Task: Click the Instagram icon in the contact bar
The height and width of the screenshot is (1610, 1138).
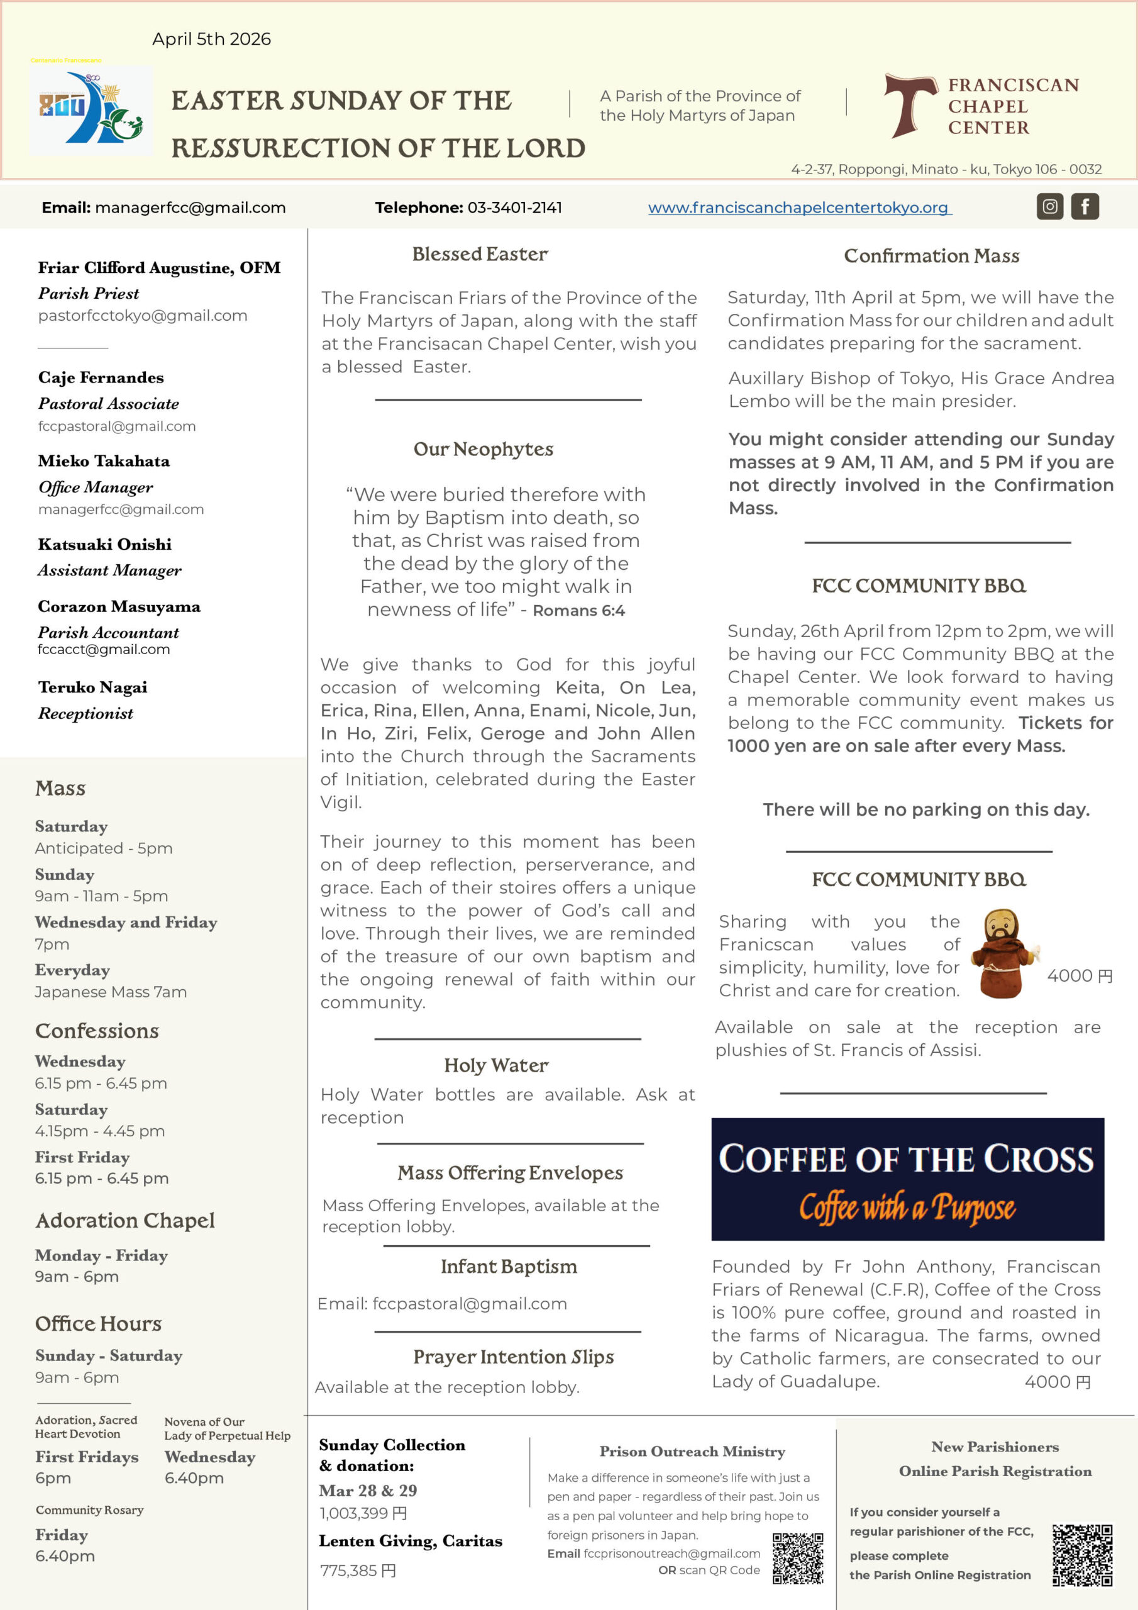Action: [1049, 206]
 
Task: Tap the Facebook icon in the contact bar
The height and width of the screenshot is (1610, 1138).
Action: [1084, 206]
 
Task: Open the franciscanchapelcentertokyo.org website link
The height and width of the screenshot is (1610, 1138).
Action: [799, 208]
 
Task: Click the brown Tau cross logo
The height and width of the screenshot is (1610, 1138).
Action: [909, 104]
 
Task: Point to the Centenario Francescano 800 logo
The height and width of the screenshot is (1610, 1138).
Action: [91, 110]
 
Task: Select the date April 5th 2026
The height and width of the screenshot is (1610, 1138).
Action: [211, 39]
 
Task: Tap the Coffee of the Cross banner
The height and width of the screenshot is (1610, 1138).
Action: [907, 1179]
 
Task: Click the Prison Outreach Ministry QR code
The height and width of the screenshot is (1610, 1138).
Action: [797, 1558]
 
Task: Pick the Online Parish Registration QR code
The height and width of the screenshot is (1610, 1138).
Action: [1082, 1555]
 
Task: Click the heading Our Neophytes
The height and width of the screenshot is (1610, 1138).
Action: [483, 449]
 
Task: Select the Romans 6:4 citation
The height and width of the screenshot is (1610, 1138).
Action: [578, 611]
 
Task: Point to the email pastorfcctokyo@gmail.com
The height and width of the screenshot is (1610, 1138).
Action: [142, 316]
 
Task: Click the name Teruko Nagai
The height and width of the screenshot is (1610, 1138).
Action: [92, 687]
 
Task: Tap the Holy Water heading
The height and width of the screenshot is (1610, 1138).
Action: [495, 1065]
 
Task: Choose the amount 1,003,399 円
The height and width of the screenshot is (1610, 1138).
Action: [363, 1513]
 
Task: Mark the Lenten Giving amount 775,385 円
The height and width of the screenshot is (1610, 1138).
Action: [358, 1571]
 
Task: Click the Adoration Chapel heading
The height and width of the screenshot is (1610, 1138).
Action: [125, 1220]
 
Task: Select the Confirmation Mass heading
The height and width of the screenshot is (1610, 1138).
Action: [931, 256]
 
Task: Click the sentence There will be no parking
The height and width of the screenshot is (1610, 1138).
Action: [925, 809]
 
